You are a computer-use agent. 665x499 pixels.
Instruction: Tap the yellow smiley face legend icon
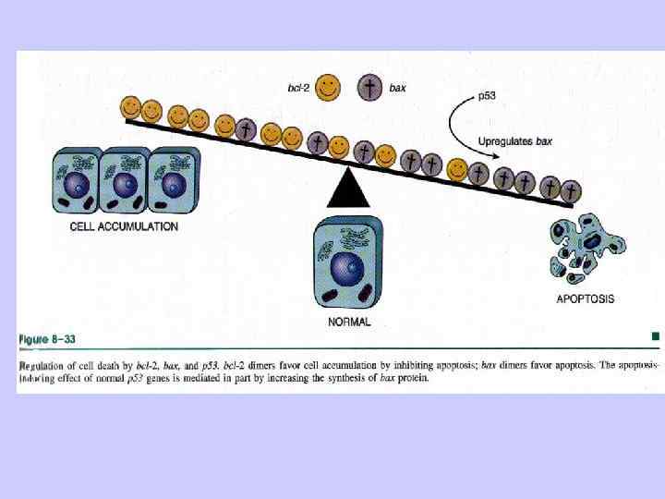[328, 87]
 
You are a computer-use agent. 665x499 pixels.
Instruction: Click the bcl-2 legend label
[298, 88]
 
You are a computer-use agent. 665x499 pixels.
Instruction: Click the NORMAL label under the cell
[350, 322]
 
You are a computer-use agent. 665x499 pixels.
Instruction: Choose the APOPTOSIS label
[586, 298]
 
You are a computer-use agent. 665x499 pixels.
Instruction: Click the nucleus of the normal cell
[346, 268]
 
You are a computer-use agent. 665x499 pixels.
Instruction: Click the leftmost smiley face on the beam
[131, 107]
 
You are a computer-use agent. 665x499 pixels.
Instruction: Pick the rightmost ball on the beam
[572, 192]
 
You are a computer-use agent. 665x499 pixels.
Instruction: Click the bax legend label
[397, 88]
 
